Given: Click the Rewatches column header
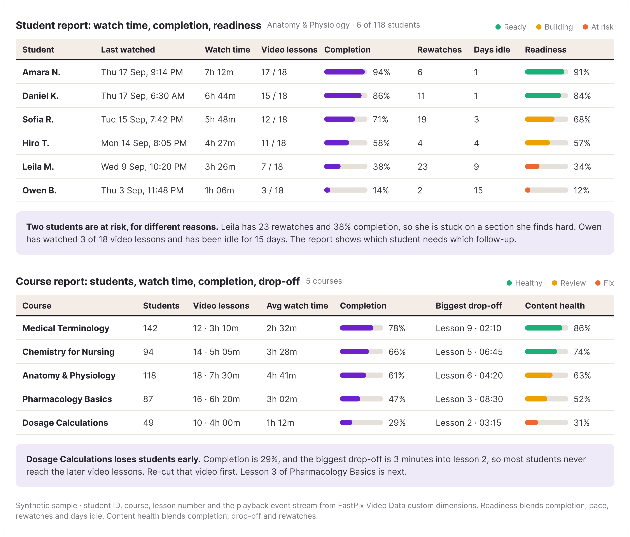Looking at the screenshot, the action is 439,50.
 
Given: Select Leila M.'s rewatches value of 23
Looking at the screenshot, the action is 422,167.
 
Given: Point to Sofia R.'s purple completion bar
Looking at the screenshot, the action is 339,119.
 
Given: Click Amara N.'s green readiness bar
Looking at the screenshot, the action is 544,72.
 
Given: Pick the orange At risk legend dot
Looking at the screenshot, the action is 585,27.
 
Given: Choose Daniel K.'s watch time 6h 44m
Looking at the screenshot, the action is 220,96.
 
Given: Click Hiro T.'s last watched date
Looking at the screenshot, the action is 144,143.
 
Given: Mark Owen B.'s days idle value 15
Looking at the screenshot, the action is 478,190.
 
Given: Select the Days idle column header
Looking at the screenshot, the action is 492,50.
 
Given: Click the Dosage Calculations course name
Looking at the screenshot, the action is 65,423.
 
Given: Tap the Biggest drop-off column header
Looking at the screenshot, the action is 469,306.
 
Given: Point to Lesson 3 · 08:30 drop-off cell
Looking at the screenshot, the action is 469,399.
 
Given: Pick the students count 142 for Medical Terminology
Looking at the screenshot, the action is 150,328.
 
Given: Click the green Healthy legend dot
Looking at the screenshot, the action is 509,283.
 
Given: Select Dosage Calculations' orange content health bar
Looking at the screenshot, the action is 532,422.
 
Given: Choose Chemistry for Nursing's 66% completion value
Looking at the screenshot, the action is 397,352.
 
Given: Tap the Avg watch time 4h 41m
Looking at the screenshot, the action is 281,376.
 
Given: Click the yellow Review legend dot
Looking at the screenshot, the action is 555,283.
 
